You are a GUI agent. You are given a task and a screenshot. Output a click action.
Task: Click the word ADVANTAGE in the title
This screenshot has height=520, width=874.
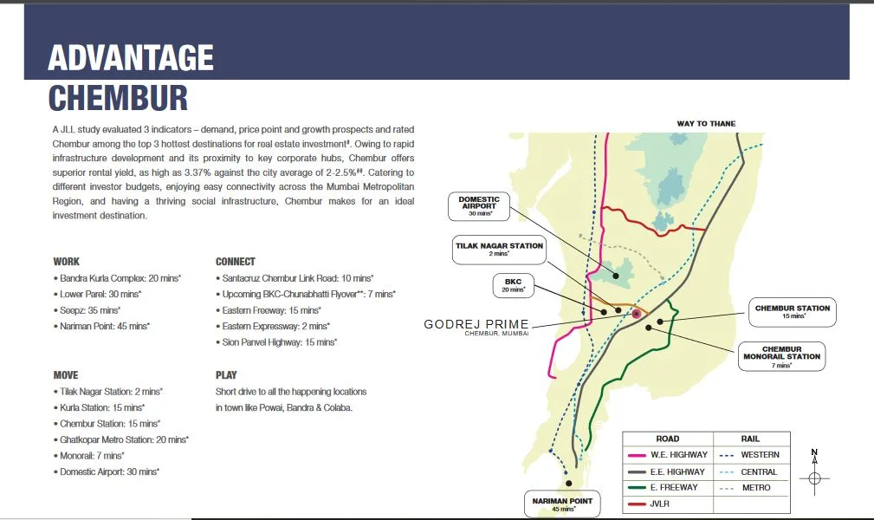tap(130, 58)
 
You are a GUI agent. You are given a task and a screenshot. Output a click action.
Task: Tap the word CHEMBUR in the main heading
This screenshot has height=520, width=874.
tap(118, 98)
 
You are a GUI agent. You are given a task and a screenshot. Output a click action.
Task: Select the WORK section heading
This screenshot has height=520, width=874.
tap(66, 261)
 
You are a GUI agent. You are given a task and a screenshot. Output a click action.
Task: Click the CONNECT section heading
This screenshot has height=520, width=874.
tap(236, 261)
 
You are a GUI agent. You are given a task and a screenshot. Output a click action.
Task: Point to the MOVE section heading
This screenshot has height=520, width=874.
tap(66, 375)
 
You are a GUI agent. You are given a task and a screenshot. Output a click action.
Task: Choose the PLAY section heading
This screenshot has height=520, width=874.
tap(226, 375)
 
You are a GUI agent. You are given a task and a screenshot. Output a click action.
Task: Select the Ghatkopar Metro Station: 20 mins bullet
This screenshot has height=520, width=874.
tap(123, 439)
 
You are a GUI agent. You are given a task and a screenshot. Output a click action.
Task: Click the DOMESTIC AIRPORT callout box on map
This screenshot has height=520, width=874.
tap(479, 205)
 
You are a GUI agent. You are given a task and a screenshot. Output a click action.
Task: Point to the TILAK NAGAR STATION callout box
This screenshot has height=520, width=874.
tap(499, 249)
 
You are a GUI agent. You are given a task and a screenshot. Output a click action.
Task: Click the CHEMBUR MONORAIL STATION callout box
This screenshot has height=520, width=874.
tap(780, 356)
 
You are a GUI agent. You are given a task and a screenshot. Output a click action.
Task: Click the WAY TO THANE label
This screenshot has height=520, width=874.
tap(706, 124)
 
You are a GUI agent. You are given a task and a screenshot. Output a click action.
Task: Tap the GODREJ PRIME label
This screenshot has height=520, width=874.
tap(476, 325)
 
